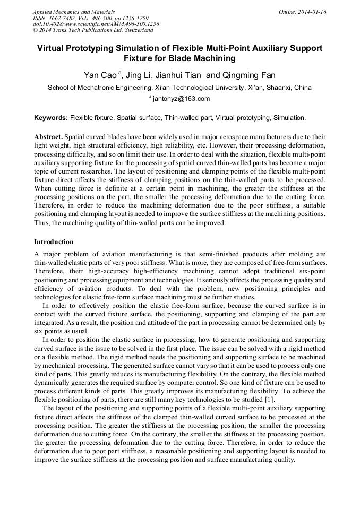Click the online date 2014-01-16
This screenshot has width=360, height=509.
[x=310, y=12]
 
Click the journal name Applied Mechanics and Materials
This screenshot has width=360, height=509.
[x=73, y=12]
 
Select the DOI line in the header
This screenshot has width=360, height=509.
[x=96, y=24]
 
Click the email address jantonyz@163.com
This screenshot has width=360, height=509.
[x=182, y=99]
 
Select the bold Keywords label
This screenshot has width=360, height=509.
[x=51, y=117]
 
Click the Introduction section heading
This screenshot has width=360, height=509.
[x=54, y=242]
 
